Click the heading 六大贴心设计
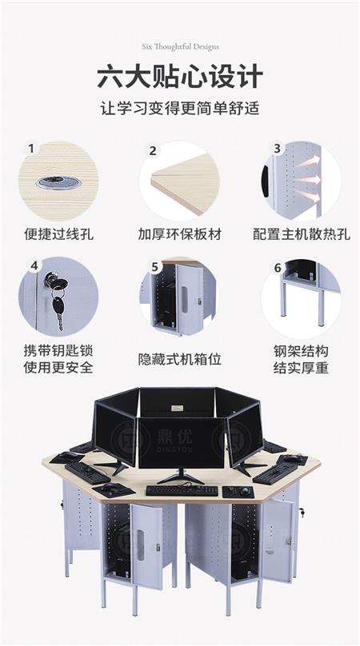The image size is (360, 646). click(x=179, y=78)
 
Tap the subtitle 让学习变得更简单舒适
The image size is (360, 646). click(x=179, y=108)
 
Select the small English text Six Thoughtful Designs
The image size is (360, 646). click(x=179, y=47)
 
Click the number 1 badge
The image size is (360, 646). click(x=31, y=149)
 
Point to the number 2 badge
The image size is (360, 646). click(x=152, y=150)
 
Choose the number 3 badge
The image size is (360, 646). click(x=277, y=149)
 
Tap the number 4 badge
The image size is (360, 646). click(x=34, y=265)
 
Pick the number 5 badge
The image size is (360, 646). click(x=154, y=267)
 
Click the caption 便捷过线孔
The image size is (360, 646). click(x=58, y=235)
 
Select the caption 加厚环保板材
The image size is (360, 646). click(x=179, y=235)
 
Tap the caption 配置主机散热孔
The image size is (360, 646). click(x=301, y=235)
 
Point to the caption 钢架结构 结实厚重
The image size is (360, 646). click(x=301, y=360)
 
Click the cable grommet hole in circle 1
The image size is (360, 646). click(x=58, y=182)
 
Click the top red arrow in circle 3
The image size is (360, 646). click(x=310, y=161)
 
